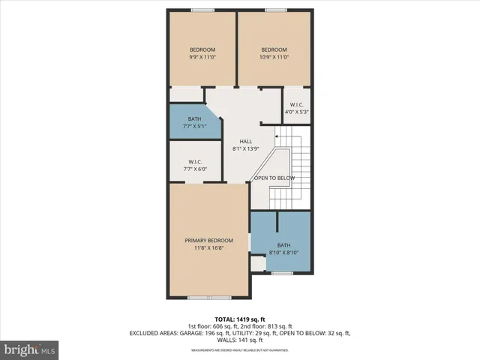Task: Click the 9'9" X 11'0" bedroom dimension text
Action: (202, 57)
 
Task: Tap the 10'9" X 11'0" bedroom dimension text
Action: (274, 57)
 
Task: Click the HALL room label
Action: (245, 141)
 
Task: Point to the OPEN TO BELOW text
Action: (274, 178)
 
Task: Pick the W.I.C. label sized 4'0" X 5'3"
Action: (296, 105)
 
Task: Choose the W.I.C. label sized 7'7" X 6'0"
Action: (194, 162)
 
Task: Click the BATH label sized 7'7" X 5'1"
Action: (194, 119)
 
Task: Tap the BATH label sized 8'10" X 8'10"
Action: (283, 245)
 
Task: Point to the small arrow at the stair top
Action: (277, 137)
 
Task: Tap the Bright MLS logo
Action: (30, 349)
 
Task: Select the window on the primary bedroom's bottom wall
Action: (199, 298)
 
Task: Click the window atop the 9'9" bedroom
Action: (201, 10)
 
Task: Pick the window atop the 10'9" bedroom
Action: (274, 10)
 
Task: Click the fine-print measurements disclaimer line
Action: (240, 349)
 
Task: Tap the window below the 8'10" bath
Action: (281, 273)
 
